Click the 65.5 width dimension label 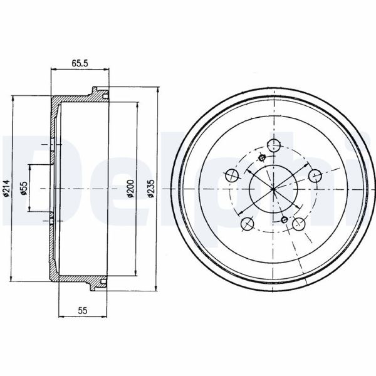pos(80,63)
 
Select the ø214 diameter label pos(6,188)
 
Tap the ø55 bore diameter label pos(24,188)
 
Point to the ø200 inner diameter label pos(131,189)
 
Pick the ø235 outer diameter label pos(151,189)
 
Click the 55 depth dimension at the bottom pos(83,310)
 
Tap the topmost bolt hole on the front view pos(274,145)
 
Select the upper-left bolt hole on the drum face pos(232,175)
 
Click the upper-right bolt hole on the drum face pos(315,175)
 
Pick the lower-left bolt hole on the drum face pos(248,223)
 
